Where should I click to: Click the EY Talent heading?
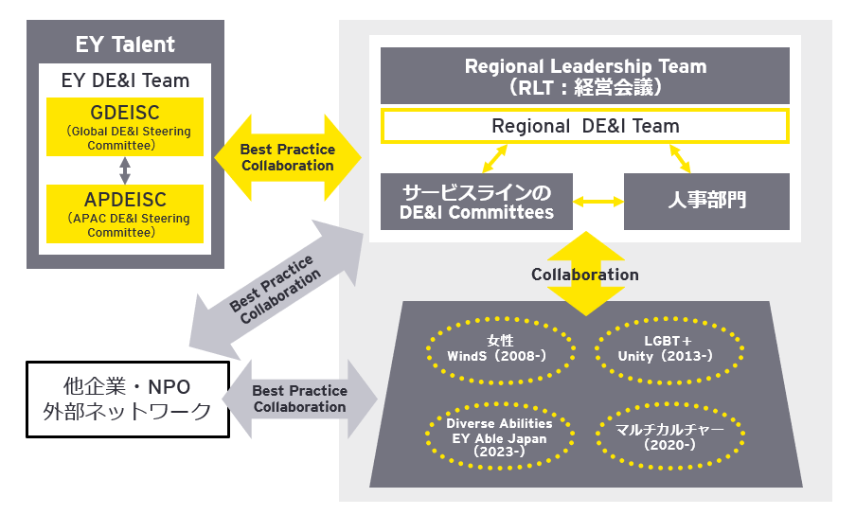click(125, 44)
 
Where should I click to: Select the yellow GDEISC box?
click(125, 128)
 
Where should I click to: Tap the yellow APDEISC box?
click(125, 213)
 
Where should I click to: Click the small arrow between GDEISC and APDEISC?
click(125, 170)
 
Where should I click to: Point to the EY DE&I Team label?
click(125, 80)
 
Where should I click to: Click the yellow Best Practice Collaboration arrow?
click(287, 157)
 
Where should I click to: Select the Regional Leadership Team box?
click(585, 77)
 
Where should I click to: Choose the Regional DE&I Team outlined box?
click(585, 126)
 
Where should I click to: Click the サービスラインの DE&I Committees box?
click(477, 201)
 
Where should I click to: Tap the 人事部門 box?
click(706, 201)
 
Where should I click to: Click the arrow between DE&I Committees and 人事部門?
click(598, 201)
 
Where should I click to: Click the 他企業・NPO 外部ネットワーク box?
click(127, 399)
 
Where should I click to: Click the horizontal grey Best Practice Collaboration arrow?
click(299, 399)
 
